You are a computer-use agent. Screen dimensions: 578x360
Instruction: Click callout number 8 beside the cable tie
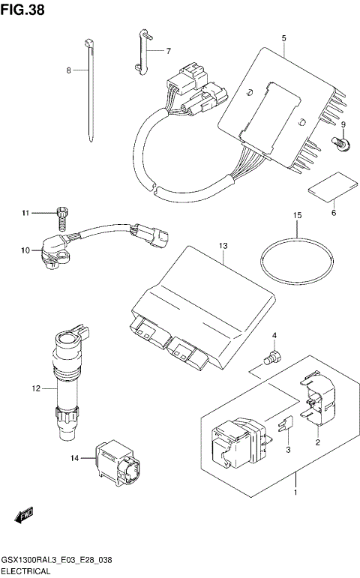[x=68, y=70]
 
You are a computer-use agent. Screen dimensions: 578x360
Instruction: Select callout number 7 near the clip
[x=168, y=51]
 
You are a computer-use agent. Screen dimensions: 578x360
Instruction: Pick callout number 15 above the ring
[x=297, y=215]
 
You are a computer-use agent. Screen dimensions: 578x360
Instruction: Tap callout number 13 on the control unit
[x=223, y=246]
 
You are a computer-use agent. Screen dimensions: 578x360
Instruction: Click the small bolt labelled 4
[x=275, y=356]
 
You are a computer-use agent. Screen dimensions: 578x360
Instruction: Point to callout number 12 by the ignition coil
[x=34, y=388]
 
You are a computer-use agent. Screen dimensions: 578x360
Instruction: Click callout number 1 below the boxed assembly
[x=295, y=493]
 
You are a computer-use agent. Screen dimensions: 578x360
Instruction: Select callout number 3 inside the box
[x=287, y=448]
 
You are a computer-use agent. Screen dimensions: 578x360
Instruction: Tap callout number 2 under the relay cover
[x=317, y=442]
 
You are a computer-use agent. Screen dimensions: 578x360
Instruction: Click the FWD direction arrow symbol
[x=23, y=516]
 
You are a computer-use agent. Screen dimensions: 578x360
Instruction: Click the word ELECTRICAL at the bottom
[x=26, y=571]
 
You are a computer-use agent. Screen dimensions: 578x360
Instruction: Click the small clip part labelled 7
[x=143, y=50]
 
